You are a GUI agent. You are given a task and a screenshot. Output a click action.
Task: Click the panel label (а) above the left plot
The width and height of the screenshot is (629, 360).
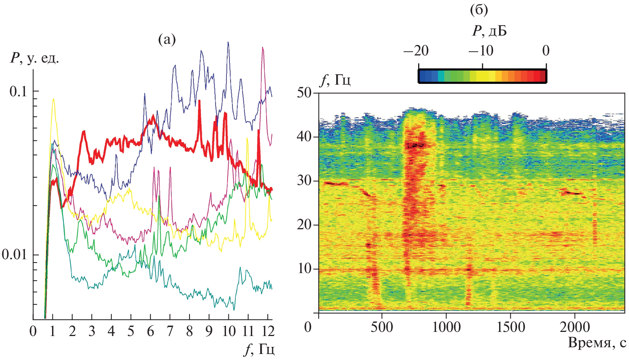click(x=167, y=39)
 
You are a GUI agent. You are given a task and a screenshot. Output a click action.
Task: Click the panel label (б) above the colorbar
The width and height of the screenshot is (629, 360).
click(x=479, y=10)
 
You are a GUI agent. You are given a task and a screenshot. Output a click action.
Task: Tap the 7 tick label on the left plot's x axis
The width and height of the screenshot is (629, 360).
click(x=170, y=331)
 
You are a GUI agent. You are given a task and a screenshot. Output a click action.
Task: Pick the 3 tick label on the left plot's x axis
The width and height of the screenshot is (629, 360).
click(x=92, y=331)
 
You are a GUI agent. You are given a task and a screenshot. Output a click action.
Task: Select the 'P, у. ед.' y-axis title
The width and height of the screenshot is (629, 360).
click(x=34, y=58)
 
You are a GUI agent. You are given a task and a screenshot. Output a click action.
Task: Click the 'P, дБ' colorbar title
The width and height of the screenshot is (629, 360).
click(x=489, y=31)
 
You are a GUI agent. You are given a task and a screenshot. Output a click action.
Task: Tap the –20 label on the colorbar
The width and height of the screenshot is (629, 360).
click(x=416, y=51)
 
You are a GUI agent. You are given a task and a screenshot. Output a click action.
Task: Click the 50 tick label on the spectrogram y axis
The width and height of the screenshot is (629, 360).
click(x=304, y=93)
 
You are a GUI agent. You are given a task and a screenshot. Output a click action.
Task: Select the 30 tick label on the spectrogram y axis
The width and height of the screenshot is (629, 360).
click(x=304, y=181)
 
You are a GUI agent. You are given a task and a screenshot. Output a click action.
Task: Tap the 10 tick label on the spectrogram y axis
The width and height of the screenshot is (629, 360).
click(x=304, y=269)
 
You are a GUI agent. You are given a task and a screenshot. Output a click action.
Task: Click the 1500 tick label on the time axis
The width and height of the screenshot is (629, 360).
click(x=510, y=327)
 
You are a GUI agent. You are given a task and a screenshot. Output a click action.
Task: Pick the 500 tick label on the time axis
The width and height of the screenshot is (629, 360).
click(x=382, y=327)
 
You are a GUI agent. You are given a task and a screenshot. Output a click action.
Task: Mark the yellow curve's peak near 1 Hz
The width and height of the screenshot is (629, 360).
click(x=54, y=99)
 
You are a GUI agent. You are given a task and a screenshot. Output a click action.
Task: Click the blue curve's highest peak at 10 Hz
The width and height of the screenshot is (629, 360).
click(x=228, y=42)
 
